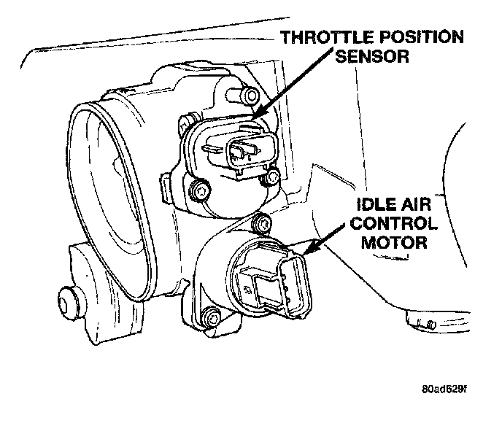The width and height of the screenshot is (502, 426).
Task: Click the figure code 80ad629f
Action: tap(441, 387)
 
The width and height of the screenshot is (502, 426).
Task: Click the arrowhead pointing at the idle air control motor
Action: tap(305, 255)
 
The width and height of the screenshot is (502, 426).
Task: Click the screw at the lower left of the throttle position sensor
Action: tap(196, 192)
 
